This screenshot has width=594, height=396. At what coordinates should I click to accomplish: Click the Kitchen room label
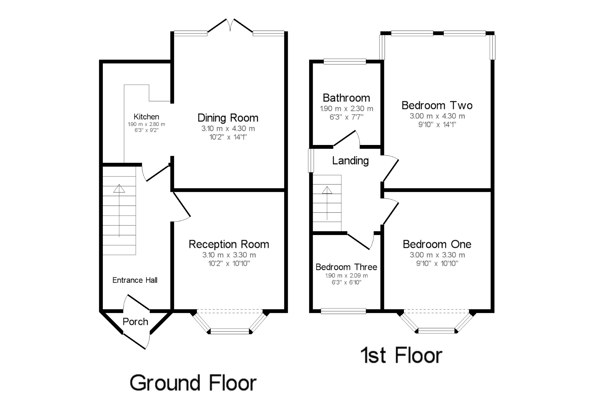[x=146, y=117]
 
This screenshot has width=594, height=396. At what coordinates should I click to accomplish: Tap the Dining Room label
[x=228, y=118]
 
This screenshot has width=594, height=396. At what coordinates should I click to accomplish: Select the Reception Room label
[x=229, y=244]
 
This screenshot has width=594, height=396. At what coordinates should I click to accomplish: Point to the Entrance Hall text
[x=135, y=280]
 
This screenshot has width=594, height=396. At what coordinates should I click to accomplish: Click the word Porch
[x=135, y=321]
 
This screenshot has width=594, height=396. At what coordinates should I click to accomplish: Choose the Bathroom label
[x=346, y=98]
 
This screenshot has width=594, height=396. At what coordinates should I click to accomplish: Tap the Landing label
[x=350, y=161]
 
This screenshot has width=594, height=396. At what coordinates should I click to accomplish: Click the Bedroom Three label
[x=346, y=267]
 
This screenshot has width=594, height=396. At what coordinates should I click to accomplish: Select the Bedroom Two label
[x=437, y=105]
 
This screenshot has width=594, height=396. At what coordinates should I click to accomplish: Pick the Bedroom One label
[x=437, y=244]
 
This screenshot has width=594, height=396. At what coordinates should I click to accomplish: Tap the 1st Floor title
[x=402, y=355]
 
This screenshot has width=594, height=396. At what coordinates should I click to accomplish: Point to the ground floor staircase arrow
[x=119, y=211]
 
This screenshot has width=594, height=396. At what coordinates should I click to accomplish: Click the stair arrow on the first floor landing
[x=327, y=203]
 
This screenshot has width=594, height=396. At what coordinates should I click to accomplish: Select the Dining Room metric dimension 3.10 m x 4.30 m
[x=228, y=129]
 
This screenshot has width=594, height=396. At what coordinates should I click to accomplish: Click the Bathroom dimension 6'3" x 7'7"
[x=346, y=117]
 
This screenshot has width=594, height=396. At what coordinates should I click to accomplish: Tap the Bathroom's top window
[x=345, y=61]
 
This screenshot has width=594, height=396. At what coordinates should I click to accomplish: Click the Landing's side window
[x=311, y=160]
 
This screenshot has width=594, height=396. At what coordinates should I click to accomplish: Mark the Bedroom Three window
[x=344, y=311]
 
